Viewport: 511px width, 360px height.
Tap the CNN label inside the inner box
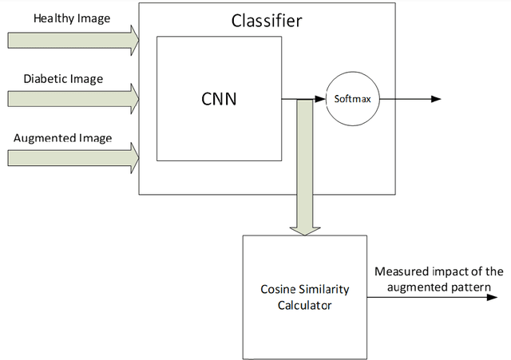(218, 100)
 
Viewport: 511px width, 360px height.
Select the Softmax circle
(352, 99)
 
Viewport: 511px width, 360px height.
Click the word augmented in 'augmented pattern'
(406, 286)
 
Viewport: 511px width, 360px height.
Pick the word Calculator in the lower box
(304, 303)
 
